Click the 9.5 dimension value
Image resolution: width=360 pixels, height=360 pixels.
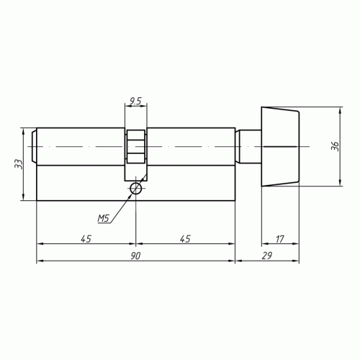[x=135, y=102]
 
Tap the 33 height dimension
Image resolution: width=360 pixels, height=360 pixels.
[x=19, y=164]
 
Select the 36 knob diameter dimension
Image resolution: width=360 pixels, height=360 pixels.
[x=335, y=146]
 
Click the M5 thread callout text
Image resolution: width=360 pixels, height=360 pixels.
[x=104, y=218]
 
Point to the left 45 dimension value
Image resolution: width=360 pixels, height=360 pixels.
[x=86, y=239]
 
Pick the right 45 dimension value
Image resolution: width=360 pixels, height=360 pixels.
[x=185, y=239]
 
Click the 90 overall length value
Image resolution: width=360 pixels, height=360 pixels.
[x=135, y=256]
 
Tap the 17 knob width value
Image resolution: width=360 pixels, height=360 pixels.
[x=280, y=239]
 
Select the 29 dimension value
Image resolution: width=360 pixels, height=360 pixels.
[x=267, y=256]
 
